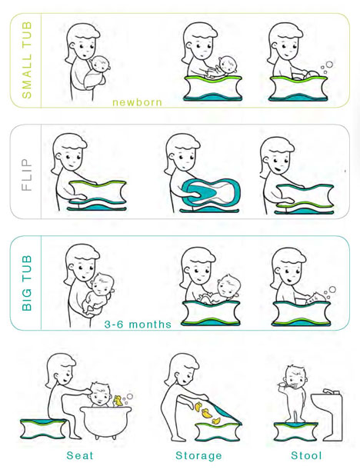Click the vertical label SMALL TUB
pyautogui.click(x=27, y=60)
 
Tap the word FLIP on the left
pyautogui.click(x=27, y=175)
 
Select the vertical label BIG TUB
pyautogui.click(x=27, y=283)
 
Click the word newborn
pyautogui.click(x=137, y=102)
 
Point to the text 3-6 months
pyautogui.click(x=138, y=325)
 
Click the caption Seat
pyautogui.click(x=80, y=455)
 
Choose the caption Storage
pyautogui.click(x=198, y=456)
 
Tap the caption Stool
pyautogui.click(x=306, y=455)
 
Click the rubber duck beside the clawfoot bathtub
pyautogui.click(x=118, y=401)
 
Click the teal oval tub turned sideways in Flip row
pyautogui.click(x=212, y=192)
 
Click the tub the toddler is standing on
pyautogui.click(x=295, y=431)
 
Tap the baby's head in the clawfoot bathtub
pyautogui.click(x=101, y=394)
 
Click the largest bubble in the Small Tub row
pyautogui.click(x=329, y=65)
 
